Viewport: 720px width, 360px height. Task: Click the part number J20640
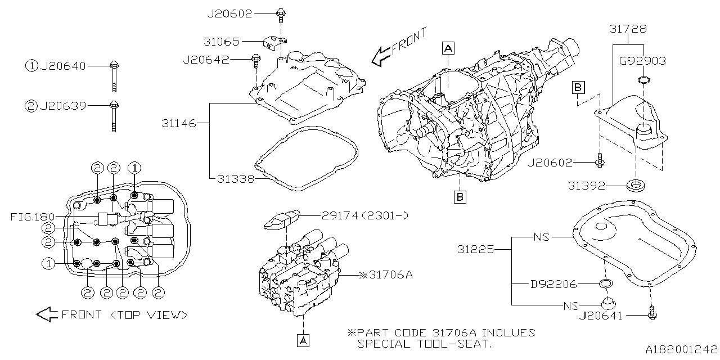coord(62,66)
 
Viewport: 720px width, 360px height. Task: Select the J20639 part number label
coord(62,105)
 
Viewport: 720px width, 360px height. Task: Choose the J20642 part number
coord(206,60)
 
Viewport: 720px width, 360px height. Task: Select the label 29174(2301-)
coord(359,215)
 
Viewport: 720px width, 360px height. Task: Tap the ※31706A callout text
coord(386,275)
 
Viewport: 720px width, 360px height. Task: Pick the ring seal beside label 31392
coord(636,184)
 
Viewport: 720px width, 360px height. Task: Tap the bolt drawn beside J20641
coord(652,313)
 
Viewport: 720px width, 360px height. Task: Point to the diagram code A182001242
coord(681,350)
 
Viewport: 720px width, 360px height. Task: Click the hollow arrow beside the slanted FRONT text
coord(381,55)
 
